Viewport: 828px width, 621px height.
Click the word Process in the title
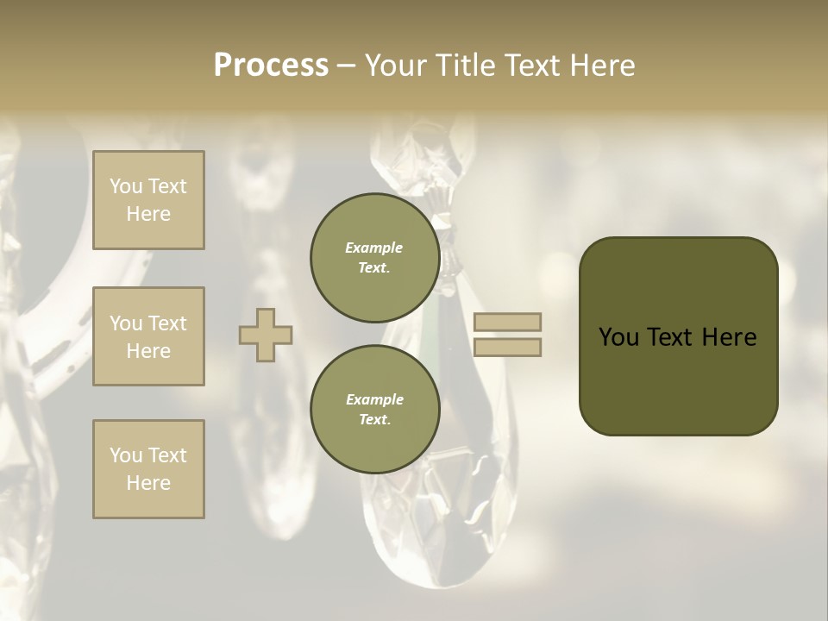271,66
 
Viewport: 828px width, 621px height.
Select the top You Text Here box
148,200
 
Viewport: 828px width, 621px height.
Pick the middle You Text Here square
148,336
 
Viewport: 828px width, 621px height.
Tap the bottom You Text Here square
148,469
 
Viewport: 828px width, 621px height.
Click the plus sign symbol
266,335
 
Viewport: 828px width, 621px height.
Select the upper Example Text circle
374,258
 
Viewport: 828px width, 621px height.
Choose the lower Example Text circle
374,410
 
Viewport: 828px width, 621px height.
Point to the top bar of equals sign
508,322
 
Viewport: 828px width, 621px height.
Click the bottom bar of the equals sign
508,348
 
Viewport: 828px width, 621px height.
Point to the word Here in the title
600,66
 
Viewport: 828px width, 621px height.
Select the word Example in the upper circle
374,248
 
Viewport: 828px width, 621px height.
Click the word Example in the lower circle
374,400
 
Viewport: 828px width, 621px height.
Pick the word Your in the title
392,66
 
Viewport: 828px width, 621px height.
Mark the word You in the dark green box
618,337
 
